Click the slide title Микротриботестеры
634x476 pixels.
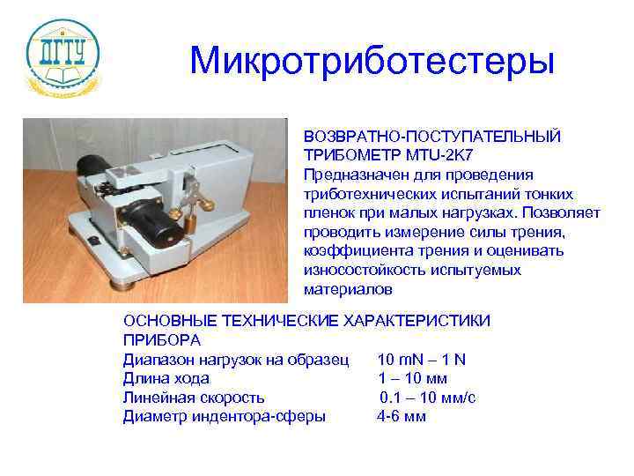(x=372, y=61)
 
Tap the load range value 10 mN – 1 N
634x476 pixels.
(x=421, y=360)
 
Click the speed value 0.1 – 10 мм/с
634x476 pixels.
(x=428, y=398)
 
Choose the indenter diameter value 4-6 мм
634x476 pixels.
(x=401, y=416)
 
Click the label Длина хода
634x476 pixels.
(x=166, y=378)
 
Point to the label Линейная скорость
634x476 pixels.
(x=194, y=398)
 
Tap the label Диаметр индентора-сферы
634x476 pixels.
(x=225, y=416)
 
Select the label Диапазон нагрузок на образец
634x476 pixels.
(x=237, y=360)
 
